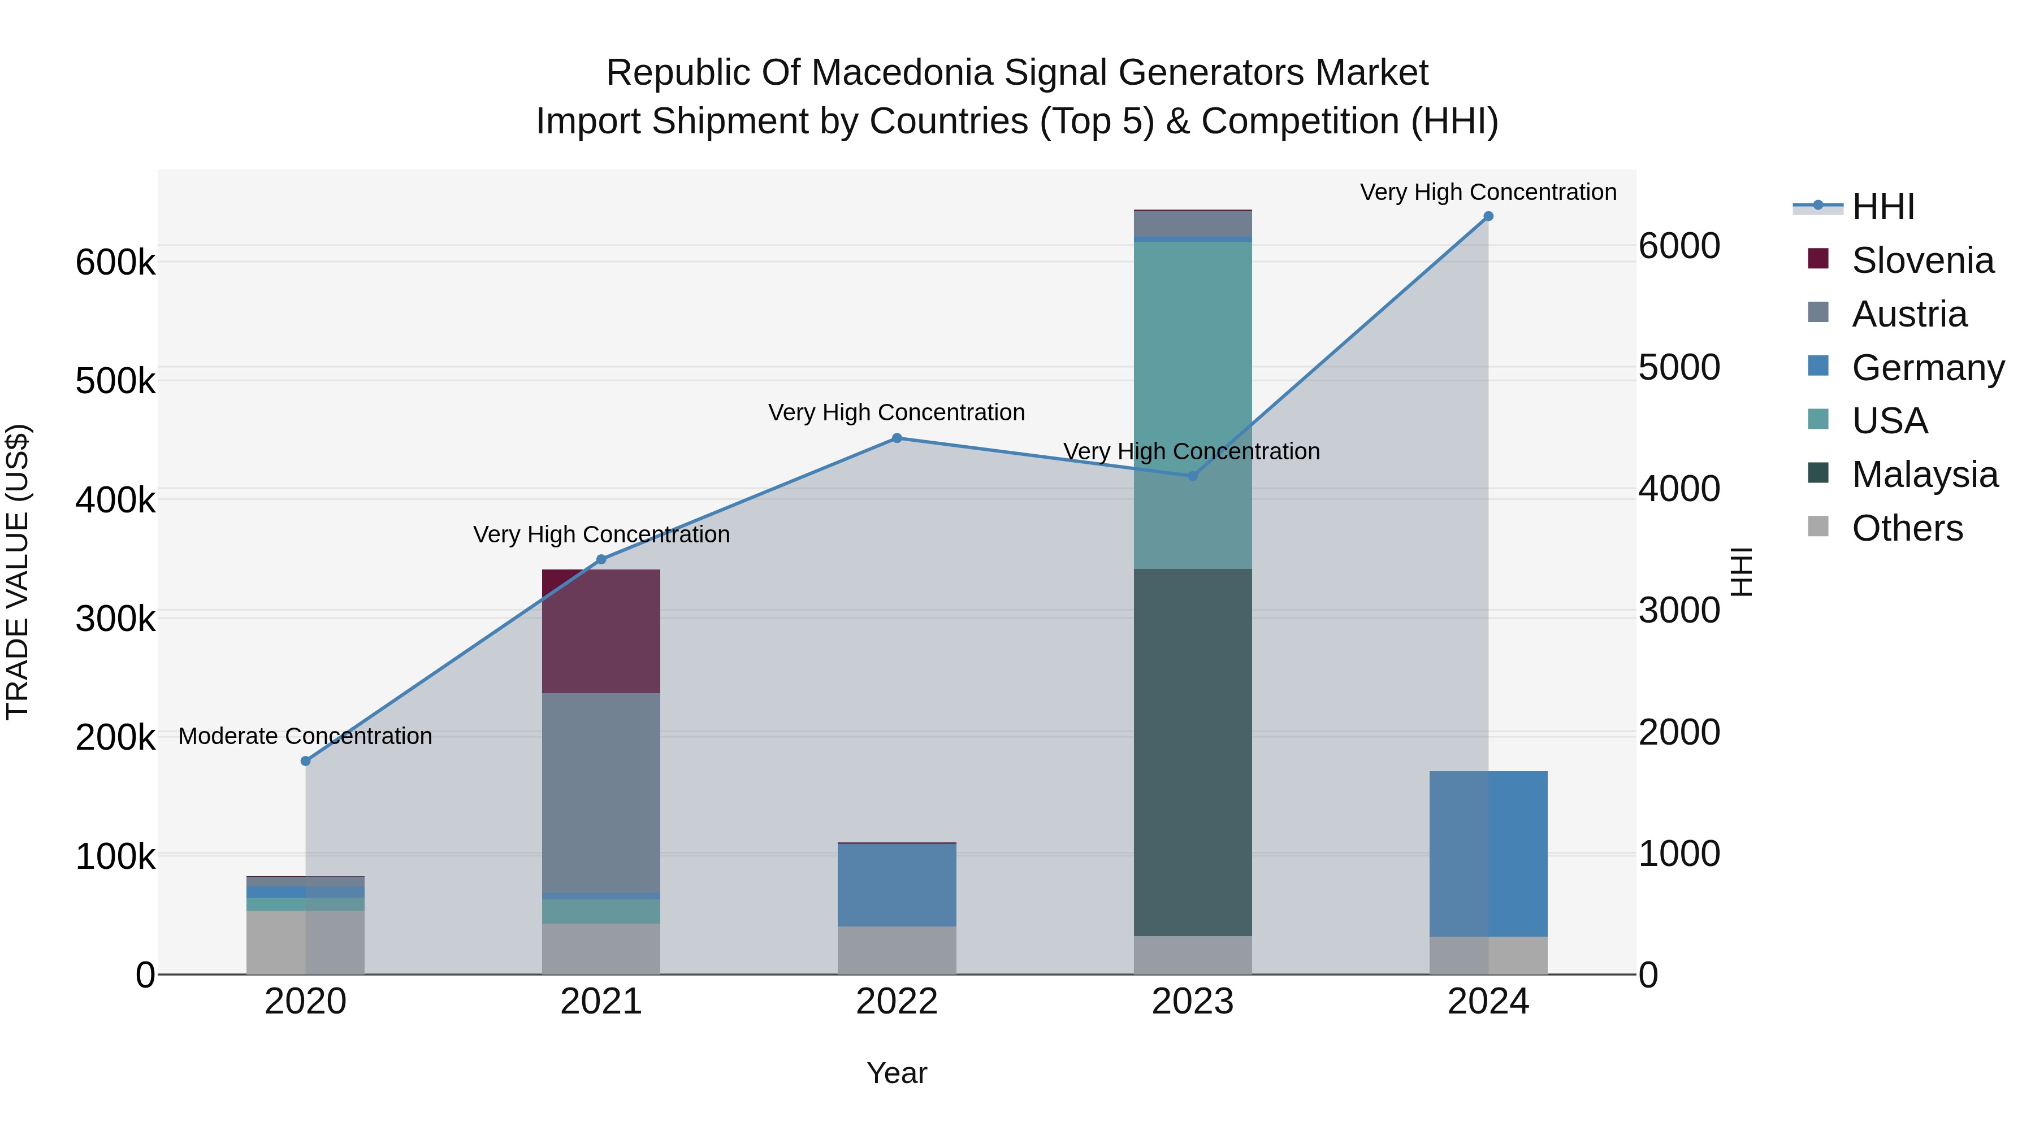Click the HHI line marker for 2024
click(x=1488, y=216)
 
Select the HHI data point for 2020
click(x=306, y=761)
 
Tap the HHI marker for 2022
click(x=897, y=438)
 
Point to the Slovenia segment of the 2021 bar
click(x=600, y=631)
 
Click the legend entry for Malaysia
click(x=1924, y=475)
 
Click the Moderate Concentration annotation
click(x=306, y=736)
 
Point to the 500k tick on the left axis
click(x=115, y=381)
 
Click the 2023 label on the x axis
click(x=1192, y=1002)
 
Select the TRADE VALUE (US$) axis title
click(x=18, y=572)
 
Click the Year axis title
click(x=897, y=1073)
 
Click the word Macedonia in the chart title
click(x=902, y=73)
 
